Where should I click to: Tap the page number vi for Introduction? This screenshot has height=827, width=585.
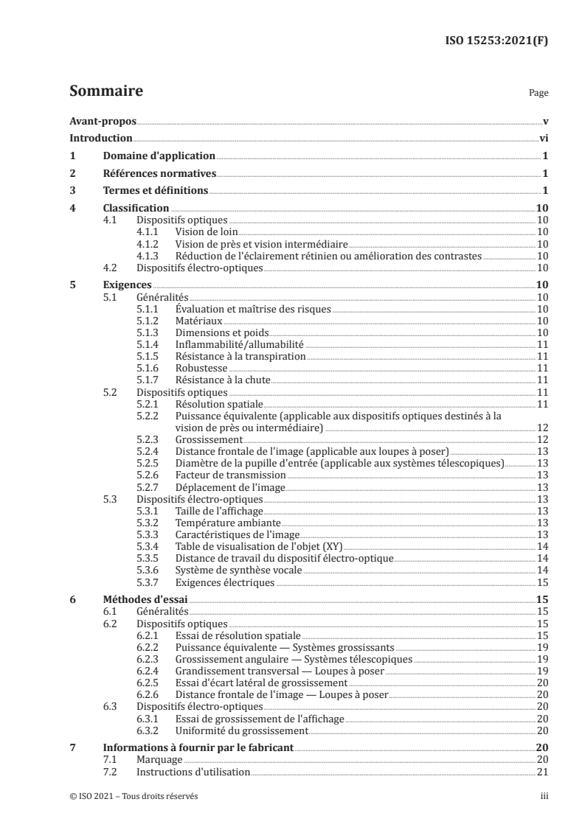543,138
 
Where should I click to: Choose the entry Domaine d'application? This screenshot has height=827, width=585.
159,156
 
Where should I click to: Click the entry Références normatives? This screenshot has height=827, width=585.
159,173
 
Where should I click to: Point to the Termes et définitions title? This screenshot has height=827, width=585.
156,191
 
